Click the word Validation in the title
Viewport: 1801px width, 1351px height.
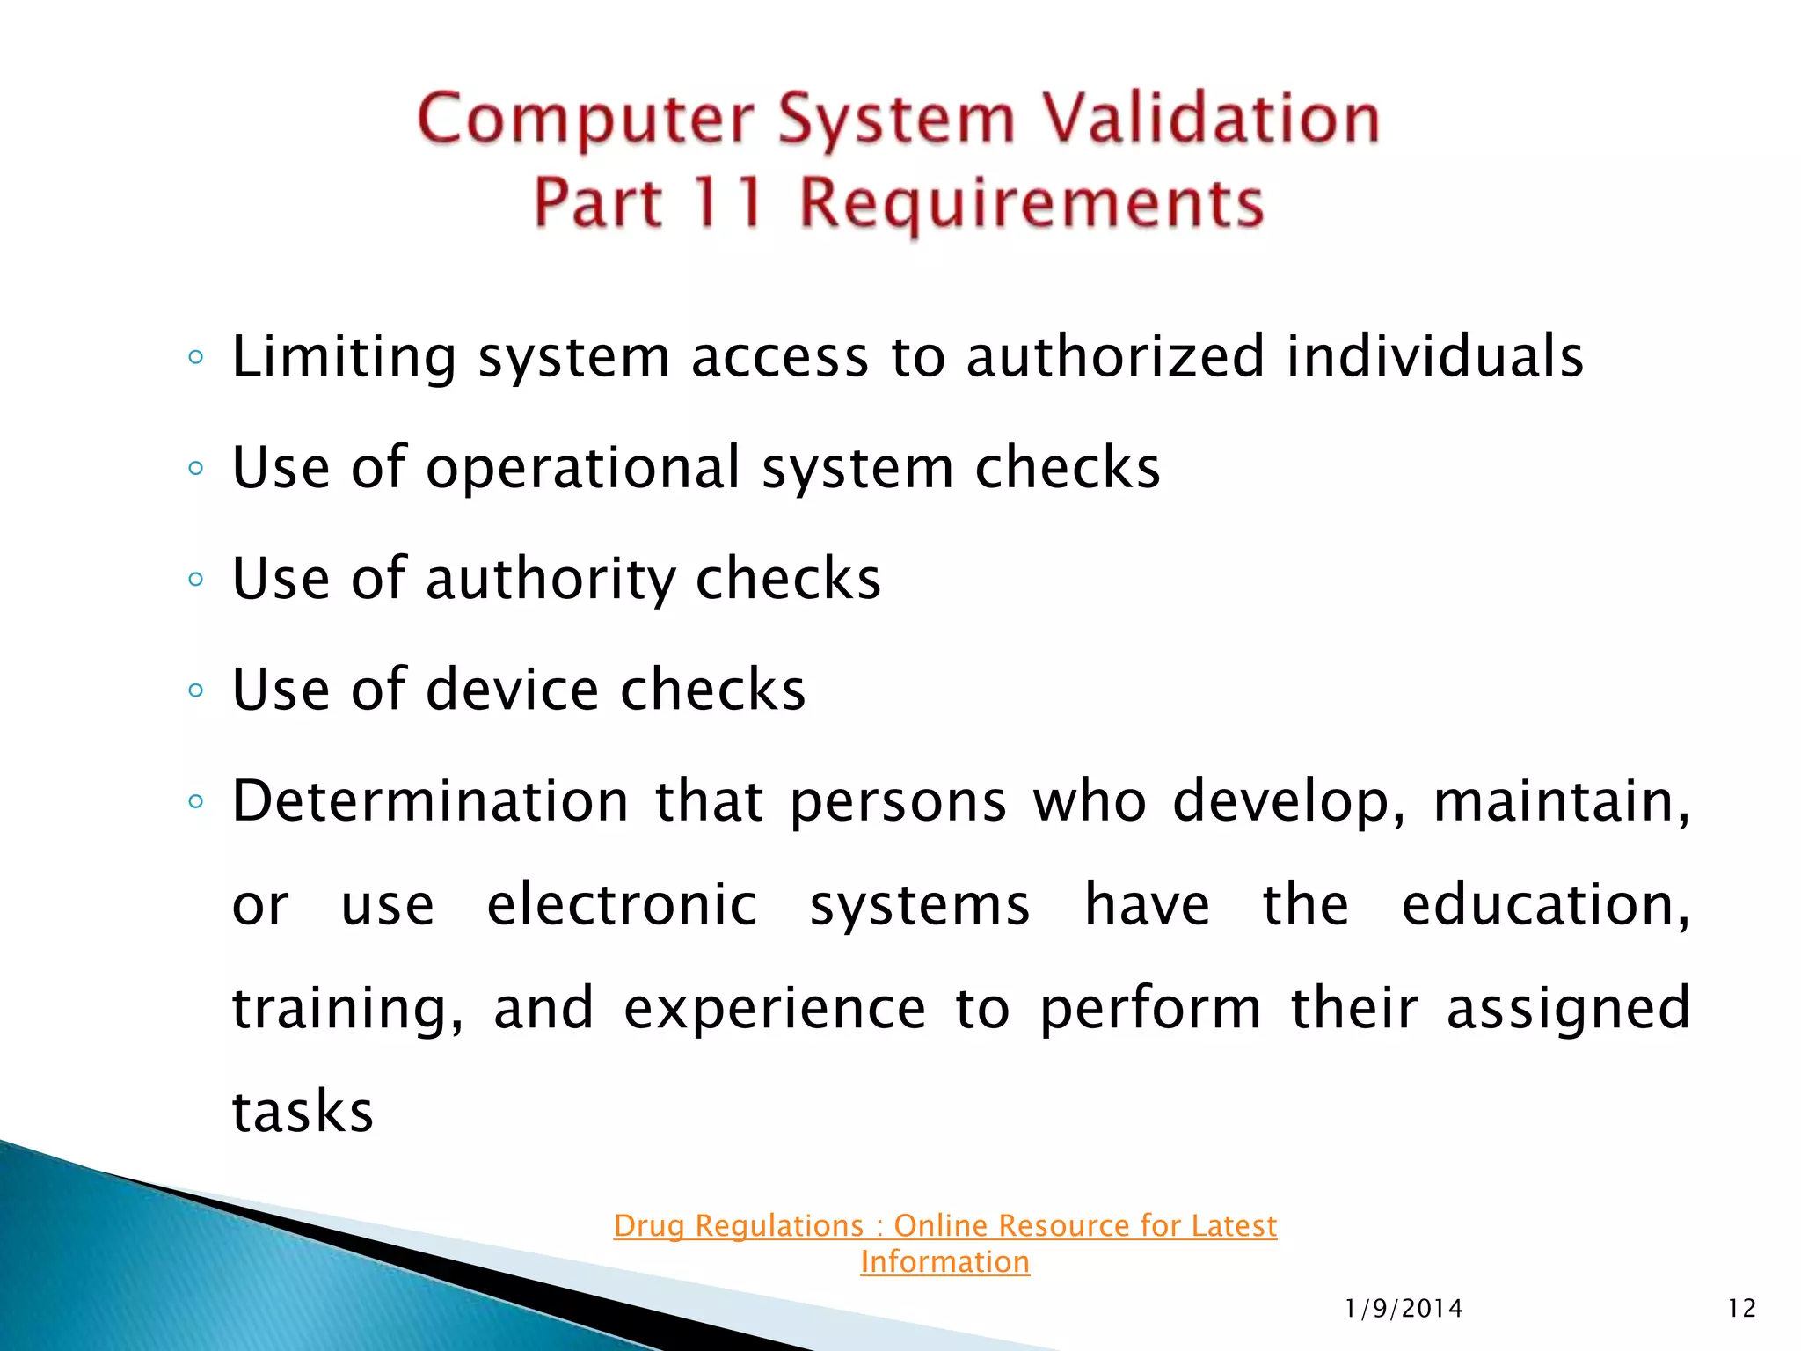(1209, 120)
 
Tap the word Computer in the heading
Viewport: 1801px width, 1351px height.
(586, 120)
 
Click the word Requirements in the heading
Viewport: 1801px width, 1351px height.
(1032, 203)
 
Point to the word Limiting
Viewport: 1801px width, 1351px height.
(344, 357)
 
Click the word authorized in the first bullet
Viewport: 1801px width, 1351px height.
(1115, 357)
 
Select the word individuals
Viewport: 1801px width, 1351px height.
(1434, 357)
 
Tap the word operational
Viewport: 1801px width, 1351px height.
(583, 468)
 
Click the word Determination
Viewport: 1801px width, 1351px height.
(431, 801)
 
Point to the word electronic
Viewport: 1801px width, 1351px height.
(622, 905)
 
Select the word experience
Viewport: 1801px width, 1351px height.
(775, 1008)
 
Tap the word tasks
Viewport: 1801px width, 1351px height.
(303, 1112)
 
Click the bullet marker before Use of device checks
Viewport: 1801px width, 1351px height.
(195, 690)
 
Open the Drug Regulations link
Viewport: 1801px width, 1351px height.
(944, 1225)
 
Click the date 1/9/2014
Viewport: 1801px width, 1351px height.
(1404, 1309)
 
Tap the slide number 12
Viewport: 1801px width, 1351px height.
(1741, 1309)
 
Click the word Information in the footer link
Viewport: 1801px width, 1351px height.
(944, 1262)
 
